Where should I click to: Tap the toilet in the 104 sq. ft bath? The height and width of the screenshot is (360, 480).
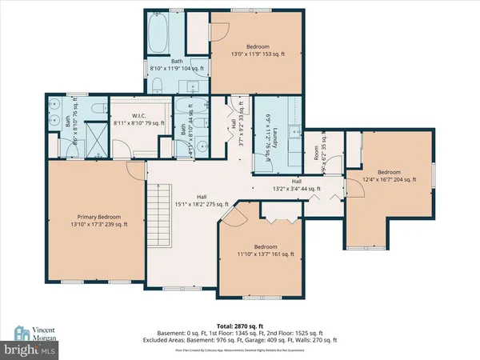pos(159,86)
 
